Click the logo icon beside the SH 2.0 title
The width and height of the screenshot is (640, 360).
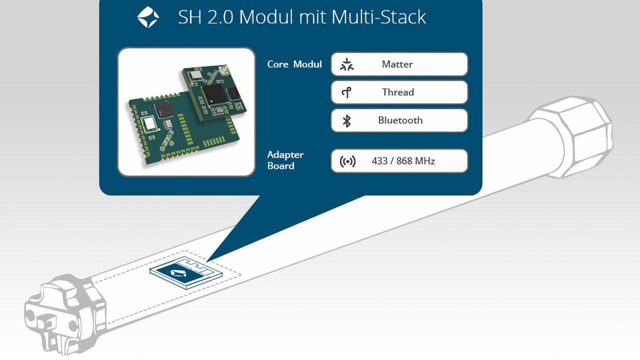tap(148, 17)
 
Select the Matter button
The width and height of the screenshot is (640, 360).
tap(399, 64)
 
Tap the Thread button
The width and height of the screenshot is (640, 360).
tap(399, 92)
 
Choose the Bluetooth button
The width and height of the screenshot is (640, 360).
tap(399, 120)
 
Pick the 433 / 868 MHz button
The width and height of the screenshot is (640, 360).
tap(399, 161)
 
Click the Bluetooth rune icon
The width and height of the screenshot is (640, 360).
tap(346, 120)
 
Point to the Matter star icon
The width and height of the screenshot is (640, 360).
tap(346, 64)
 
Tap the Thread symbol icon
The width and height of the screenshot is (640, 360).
tap(346, 92)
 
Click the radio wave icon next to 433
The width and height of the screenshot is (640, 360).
tap(347, 161)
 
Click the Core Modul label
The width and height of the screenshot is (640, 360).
tap(294, 64)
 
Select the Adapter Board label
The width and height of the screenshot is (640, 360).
tap(285, 160)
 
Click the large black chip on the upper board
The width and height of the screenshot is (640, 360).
tap(214, 94)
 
